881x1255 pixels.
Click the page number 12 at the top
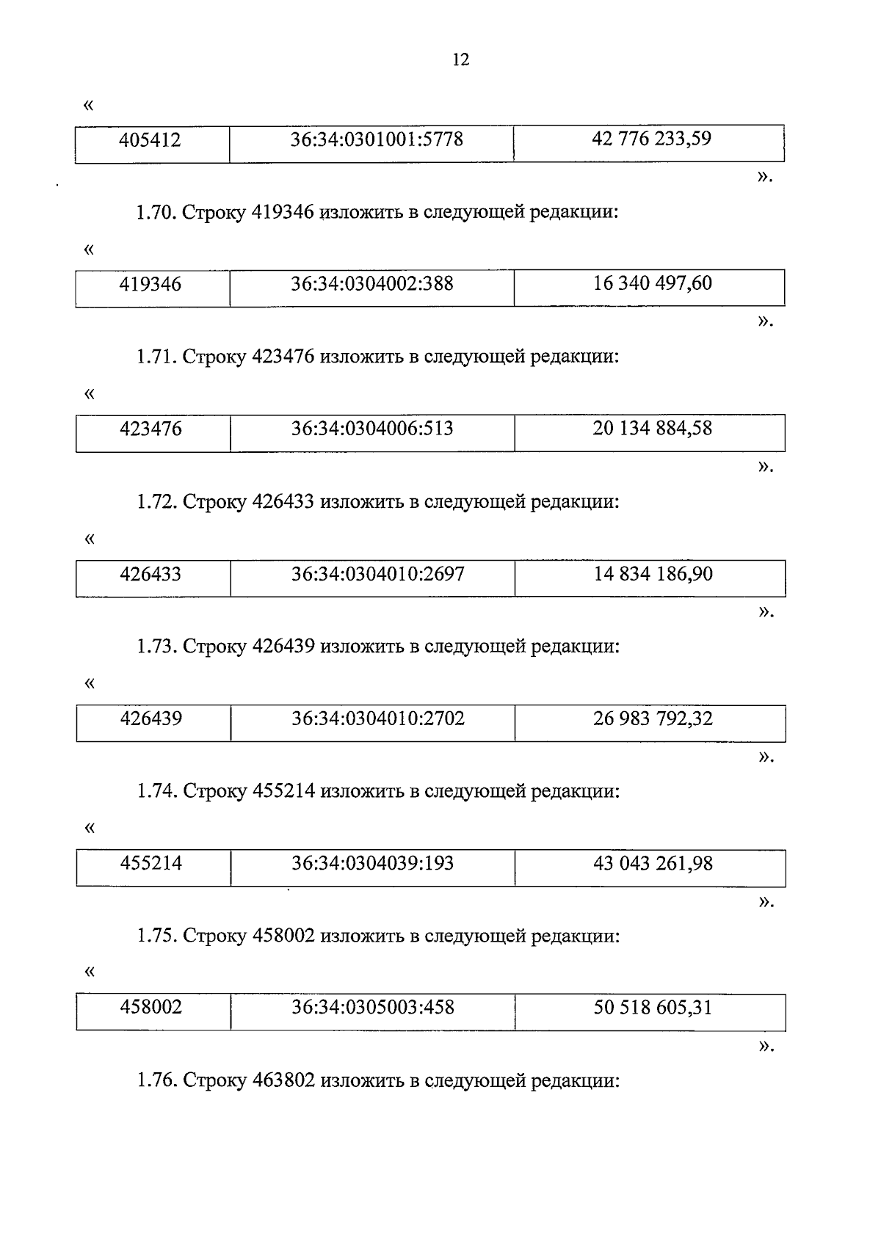click(x=460, y=60)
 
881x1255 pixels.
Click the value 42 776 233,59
click(x=651, y=139)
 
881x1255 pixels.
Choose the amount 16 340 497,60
click(x=652, y=283)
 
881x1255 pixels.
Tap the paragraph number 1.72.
click(x=156, y=502)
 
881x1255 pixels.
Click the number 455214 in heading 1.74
click(x=283, y=791)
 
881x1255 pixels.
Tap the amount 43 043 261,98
click(x=653, y=863)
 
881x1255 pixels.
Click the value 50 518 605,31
click(x=653, y=1007)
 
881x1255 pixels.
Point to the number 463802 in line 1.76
click(x=283, y=1080)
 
